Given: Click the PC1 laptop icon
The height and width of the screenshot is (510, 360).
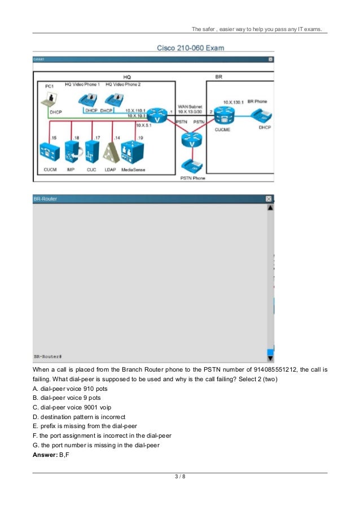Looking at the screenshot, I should point(50,101).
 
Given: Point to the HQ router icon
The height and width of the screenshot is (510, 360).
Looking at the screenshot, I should point(159,115).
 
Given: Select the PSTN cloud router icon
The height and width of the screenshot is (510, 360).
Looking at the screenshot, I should point(193,140).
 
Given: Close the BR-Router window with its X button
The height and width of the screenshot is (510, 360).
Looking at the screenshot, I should point(269,199).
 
